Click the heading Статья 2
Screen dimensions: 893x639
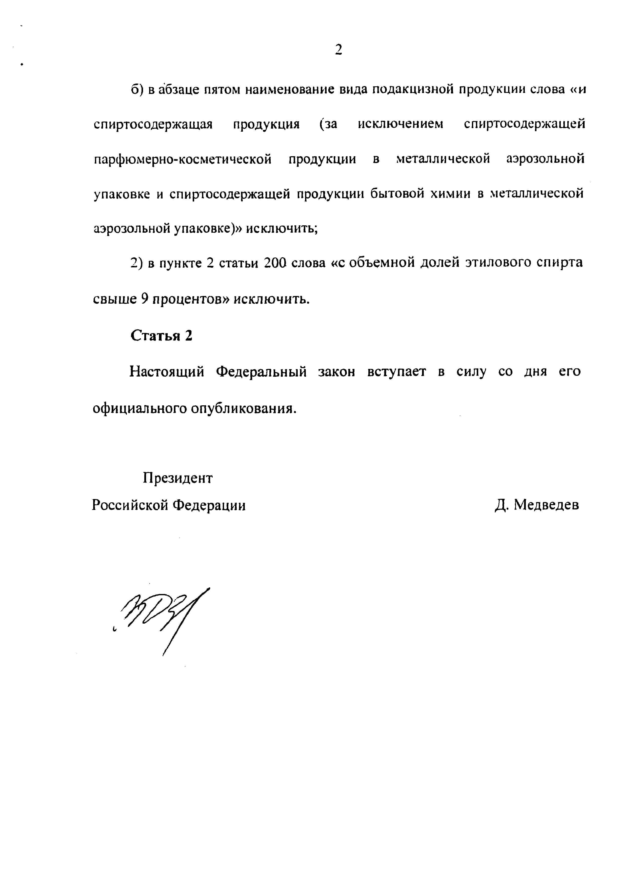tap(161, 335)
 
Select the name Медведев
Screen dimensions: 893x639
tap(547, 505)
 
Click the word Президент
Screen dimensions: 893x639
tap(177, 478)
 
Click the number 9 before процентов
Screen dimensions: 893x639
tap(144, 300)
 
